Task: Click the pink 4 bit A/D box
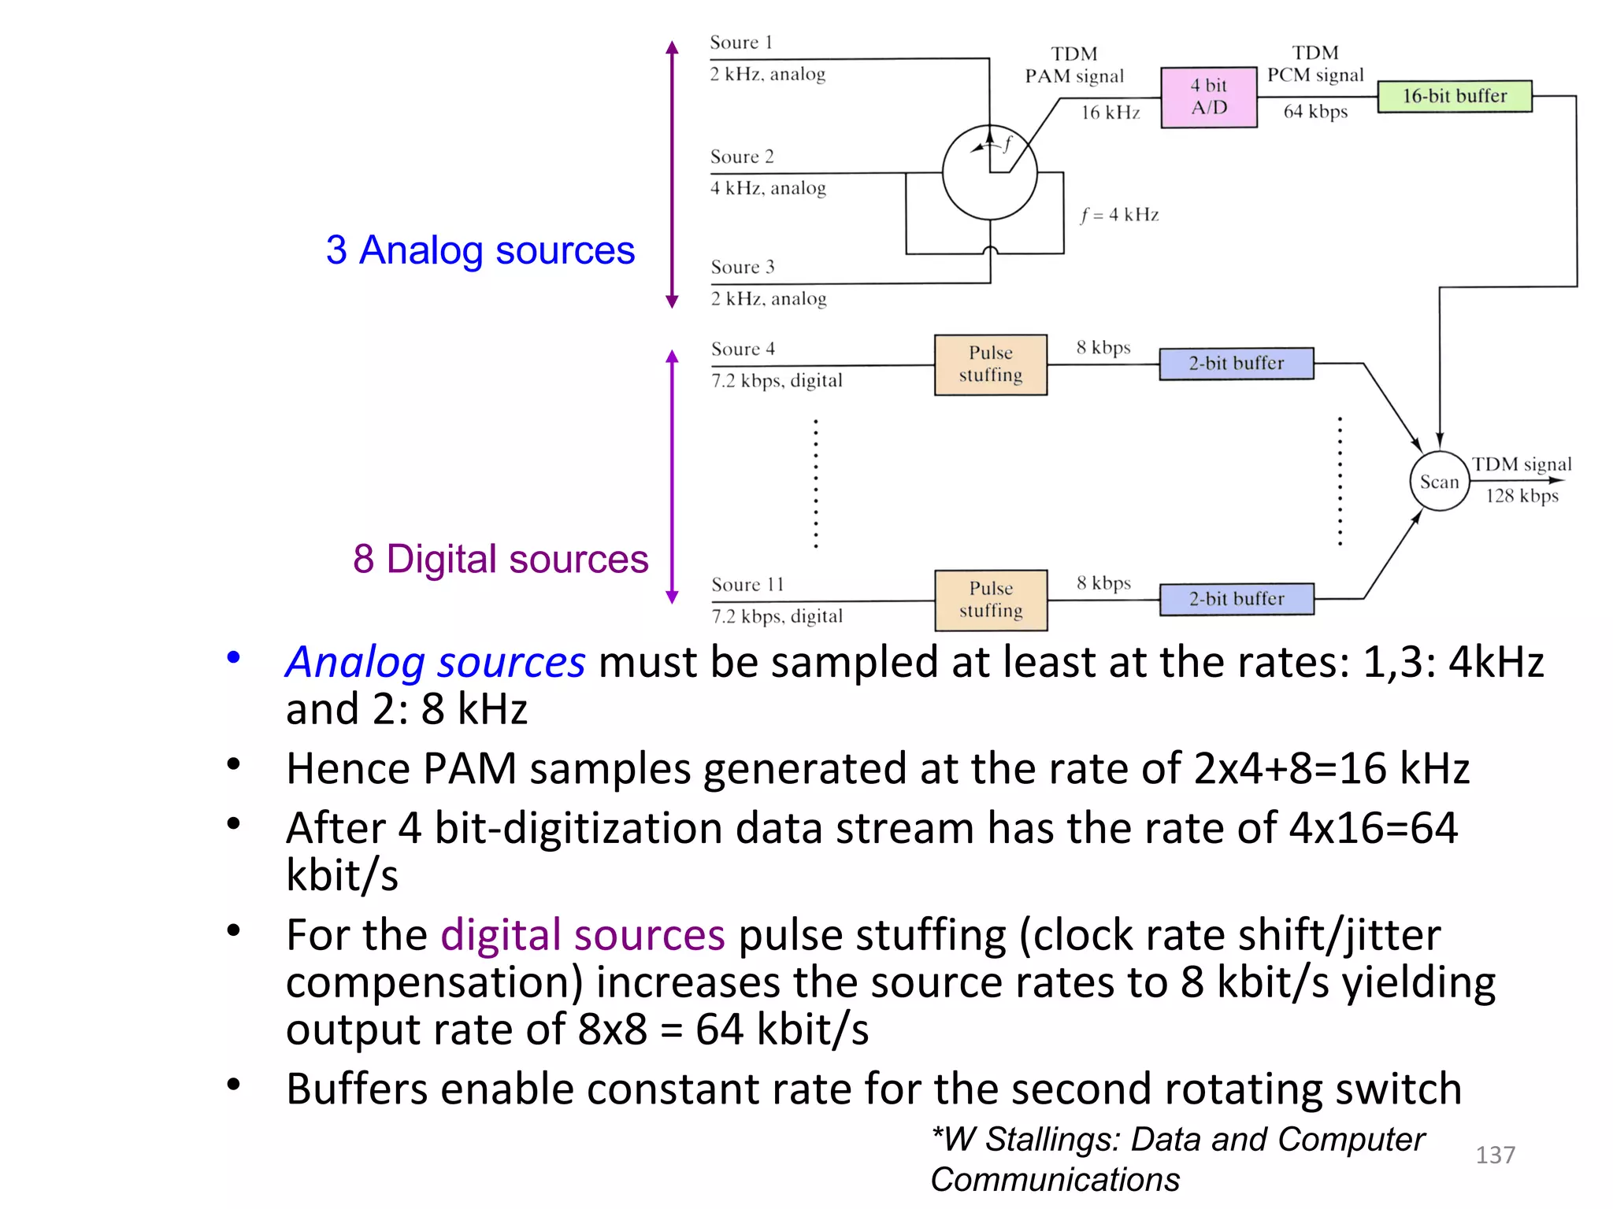pyautogui.click(x=1208, y=97)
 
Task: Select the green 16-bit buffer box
pyautogui.click(x=1454, y=96)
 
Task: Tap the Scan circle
pyautogui.click(x=1439, y=482)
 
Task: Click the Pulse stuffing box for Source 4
pyautogui.click(x=990, y=364)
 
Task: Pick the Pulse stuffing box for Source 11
pyautogui.click(x=991, y=600)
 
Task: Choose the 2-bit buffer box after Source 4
pyautogui.click(x=1236, y=364)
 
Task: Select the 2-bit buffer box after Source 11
pyautogui.click(x=1236, y=599)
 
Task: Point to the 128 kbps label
pyautogui.click(x=1522, y=496)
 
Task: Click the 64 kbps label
pyautogui.click(x=1315, y=112)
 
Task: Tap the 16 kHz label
pyautogui.click(x=1110, y=113)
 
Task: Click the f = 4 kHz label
pyautogui.click(x=1119, y=215)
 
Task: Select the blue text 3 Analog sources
pyautogui.click(x=480, y=250)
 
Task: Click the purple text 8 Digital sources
pyautogui.click(x=500, y=559)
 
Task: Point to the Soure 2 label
pyautogui.click(x=742, y=157)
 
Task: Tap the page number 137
pyautogui.click(x=1495, y=1155)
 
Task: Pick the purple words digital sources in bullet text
pyautogui.click(x=582, y=935)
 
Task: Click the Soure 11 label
pyautogui.click(x=747, y=585)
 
